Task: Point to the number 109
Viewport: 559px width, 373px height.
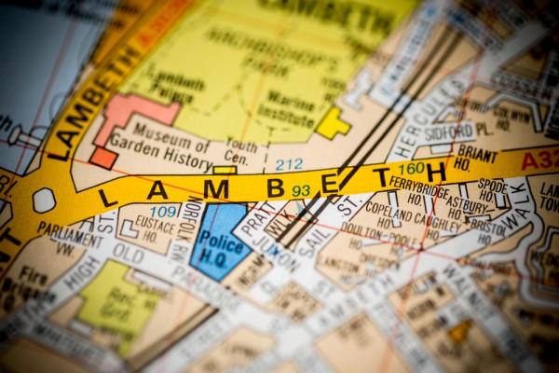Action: point(163,212)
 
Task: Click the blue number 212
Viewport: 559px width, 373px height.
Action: point(288,164)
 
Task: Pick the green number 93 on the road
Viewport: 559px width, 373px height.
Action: point(300,190)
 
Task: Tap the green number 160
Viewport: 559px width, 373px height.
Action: point(411,169)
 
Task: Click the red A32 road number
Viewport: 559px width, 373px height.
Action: point(539,160)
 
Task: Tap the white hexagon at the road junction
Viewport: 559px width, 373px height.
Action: point(44,200)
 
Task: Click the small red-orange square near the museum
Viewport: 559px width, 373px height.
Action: point(102,158)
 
